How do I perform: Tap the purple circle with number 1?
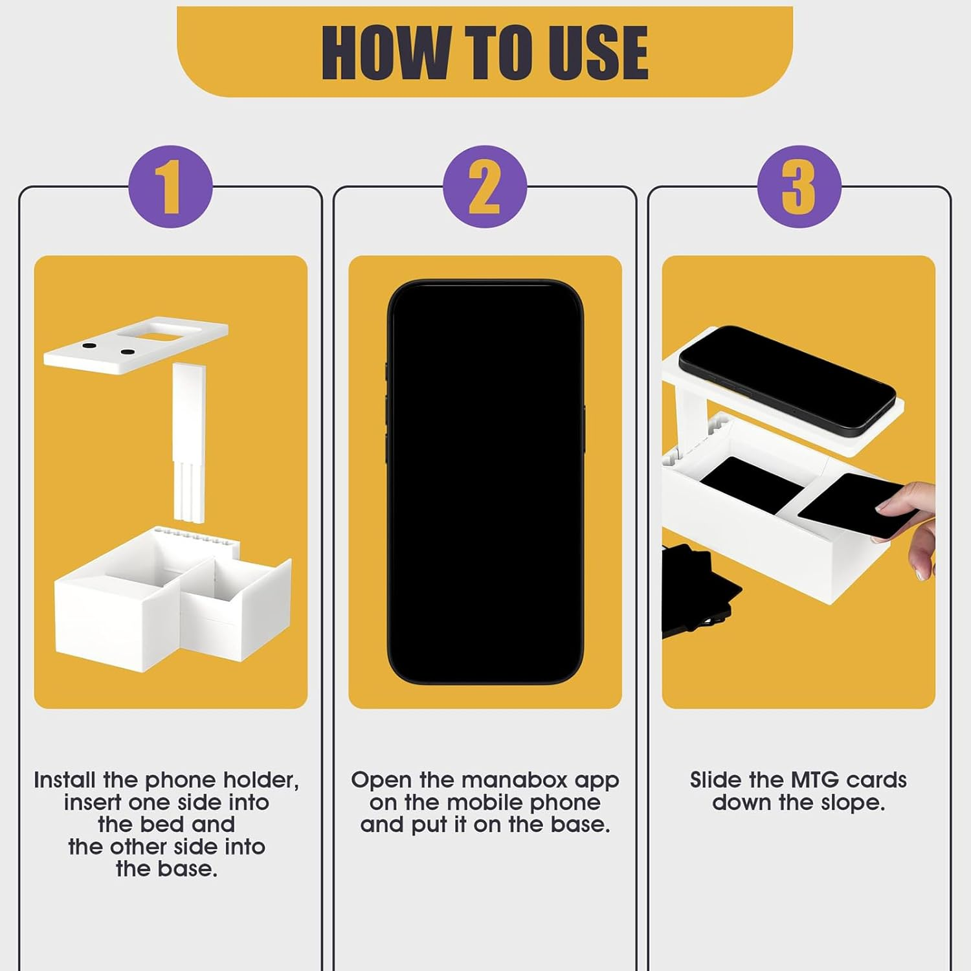(170, 186)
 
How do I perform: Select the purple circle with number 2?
(485, 186)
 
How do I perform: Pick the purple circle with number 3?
(799, 186)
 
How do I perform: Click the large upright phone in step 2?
(485, 482)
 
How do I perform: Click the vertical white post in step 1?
(190, 440)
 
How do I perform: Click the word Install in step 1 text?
(65, 780)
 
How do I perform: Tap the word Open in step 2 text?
(381, 780)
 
